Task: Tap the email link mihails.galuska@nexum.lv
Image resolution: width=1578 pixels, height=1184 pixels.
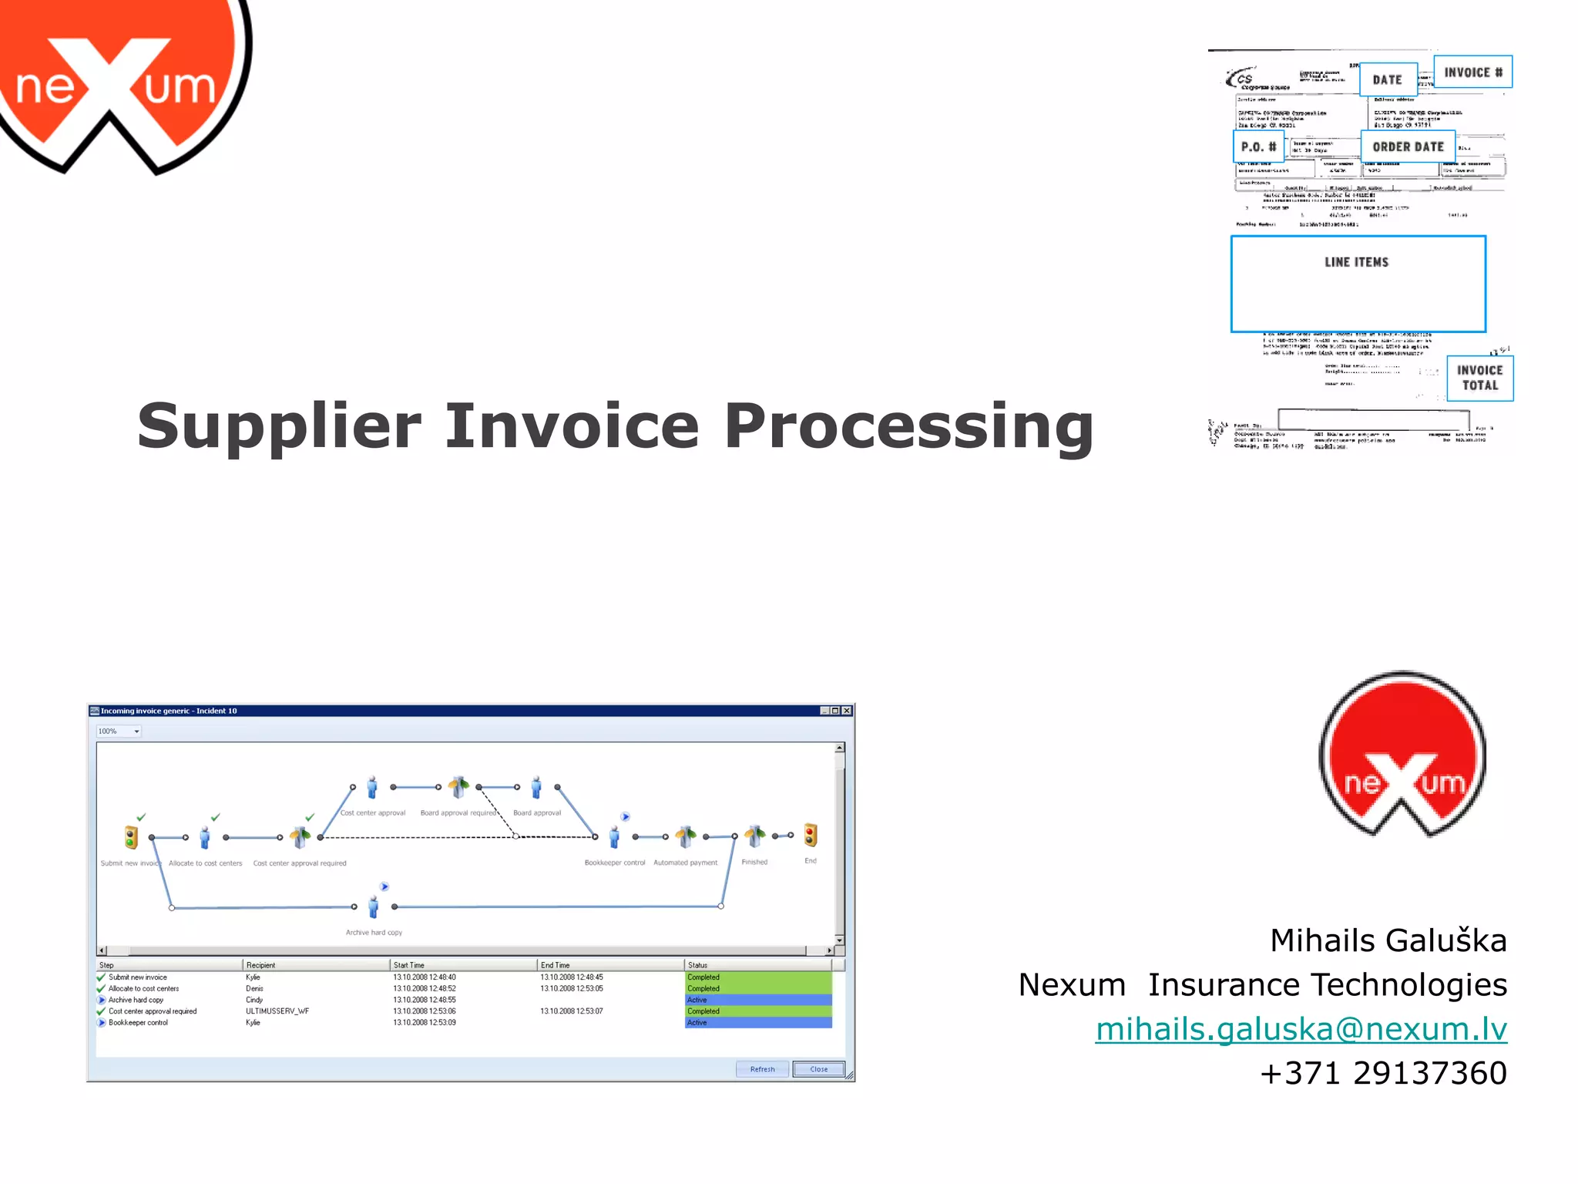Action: click(1301, 1029)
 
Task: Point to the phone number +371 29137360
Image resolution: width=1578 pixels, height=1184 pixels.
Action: click(1383, 1073)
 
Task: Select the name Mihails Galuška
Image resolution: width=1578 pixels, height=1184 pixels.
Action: click(1388, 940)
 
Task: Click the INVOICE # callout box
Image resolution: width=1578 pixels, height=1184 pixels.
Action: click(1472, 72)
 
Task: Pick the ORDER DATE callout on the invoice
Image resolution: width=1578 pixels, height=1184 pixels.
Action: click(1408, 146)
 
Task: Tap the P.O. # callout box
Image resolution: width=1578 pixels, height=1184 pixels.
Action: click(1258, 146)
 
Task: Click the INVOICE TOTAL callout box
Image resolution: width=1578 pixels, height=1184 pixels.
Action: click(1479, 378)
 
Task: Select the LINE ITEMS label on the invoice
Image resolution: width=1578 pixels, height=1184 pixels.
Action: click(1356, 263)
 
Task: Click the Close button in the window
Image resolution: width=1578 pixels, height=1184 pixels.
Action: click(818, 1069)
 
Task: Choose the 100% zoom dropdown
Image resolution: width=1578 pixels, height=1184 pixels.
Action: click(119, 731)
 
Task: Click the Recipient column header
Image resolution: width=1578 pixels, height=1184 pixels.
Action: click(260, 965)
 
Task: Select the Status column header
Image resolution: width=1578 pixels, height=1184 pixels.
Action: click(697, 965)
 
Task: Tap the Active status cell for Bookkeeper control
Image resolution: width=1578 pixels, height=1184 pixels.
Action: click(757, 1023)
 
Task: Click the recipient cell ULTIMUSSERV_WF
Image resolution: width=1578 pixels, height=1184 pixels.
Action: click(277, 1011)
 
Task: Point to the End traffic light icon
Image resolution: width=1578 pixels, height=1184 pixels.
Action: click(811, 836)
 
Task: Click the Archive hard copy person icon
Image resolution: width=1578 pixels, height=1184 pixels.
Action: click(374, 907)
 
